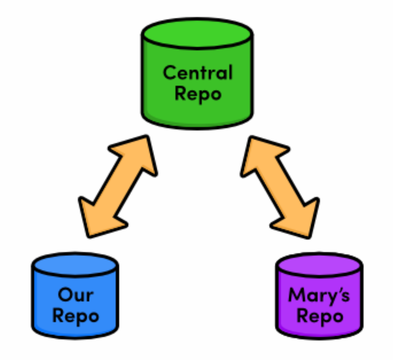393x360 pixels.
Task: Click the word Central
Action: [197, 73]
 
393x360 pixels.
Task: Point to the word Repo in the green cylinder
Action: [197, 94]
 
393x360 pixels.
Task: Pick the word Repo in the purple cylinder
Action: [319, 316]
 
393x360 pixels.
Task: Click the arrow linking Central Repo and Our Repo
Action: [117, 187]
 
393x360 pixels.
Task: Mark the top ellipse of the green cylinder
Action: [197, 32]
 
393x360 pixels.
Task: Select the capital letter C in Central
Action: [169, 73]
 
